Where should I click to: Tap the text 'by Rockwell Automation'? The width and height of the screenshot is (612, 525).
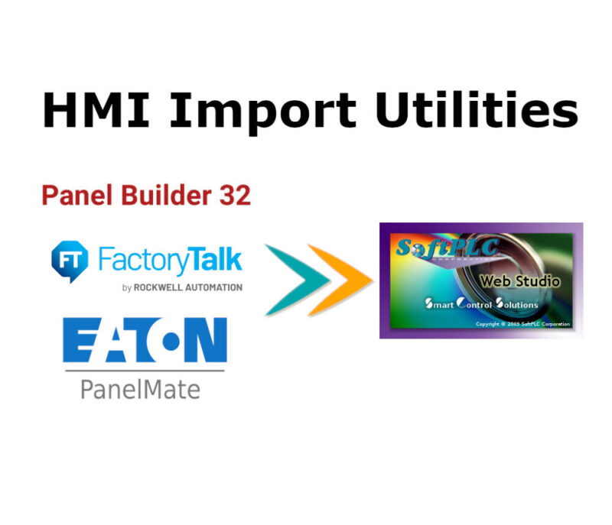pos(182,287)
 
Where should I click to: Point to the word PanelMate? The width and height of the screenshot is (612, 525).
pos(140,390)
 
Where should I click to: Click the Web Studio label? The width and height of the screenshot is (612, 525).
pos(519,281)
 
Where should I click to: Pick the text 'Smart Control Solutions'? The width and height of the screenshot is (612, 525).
pos(482,304)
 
